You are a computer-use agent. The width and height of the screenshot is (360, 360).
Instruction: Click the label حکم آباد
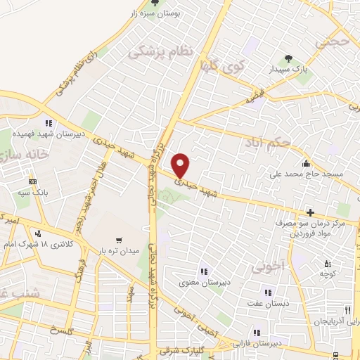point(267,143)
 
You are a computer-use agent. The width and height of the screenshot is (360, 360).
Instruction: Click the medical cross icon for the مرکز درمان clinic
point(310,212)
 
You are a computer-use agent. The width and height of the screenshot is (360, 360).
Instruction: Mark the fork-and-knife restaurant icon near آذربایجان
point(347,310)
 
